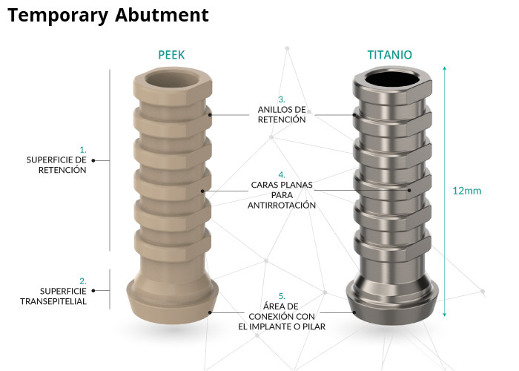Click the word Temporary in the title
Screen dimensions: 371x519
pyautogui.click(x=56, y=16)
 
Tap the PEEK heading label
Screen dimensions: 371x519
pyautogui.click(x=171, y=55)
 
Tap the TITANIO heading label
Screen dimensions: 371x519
pyautogui.click(x=389, y=55)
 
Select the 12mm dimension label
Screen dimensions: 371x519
pyautogui.click(x=466, y=191)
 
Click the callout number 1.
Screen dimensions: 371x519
pyautogui.click(x=83, y=150)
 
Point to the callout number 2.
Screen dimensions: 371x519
pyautogui.click(x=83, y=281)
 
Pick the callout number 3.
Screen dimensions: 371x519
pyautogui.click(x=282, y=99)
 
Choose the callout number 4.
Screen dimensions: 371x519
pyautogui.click(x=282, y=175)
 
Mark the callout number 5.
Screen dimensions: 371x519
pyautogui.click(x=282, y=296)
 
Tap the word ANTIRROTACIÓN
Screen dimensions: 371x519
pyautogui.click(x=282, y=205)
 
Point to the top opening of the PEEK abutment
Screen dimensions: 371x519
pyautogui.click(x=171, y=79)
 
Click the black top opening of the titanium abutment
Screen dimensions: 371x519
pyautogui.click(x=391, y=79)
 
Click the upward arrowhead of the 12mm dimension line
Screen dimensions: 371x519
pyautogui.click(x=444, y=68)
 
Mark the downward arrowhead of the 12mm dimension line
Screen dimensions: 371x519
pyautogui.click(x=444, y=315)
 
